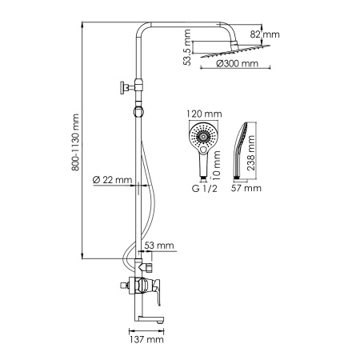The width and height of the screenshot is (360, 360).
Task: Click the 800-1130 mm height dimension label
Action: [x=76, y=142]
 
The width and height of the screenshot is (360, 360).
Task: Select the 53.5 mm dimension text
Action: [x=186, y=49]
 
